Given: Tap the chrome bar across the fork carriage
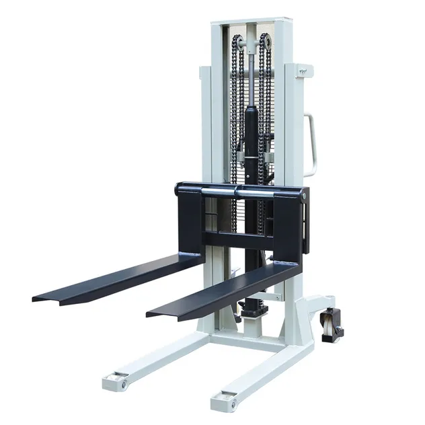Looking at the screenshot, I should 239,193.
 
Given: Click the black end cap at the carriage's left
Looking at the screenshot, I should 180,190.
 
